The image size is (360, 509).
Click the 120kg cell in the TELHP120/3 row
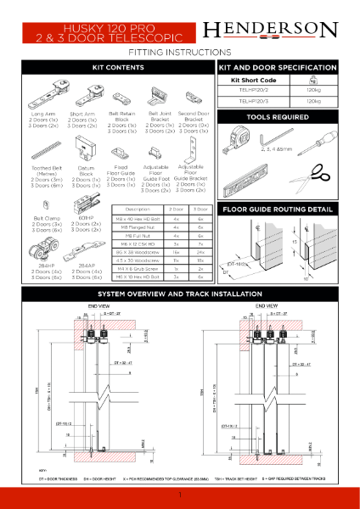312,101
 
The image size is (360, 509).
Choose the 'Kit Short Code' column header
254,79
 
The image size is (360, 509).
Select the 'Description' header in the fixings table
138,209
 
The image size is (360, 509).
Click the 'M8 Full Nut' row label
138,235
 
